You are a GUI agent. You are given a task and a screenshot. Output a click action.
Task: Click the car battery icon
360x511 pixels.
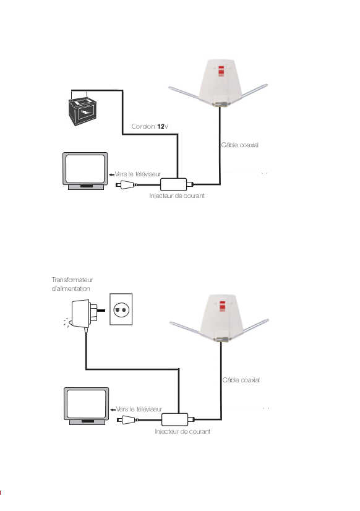pos(83,111)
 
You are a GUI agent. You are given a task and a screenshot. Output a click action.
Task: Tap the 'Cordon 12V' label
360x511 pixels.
pos(150,126)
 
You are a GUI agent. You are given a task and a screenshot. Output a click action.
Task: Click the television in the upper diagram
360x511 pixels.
pos(85,171)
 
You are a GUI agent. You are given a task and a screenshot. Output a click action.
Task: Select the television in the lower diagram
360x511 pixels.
pos(87,406)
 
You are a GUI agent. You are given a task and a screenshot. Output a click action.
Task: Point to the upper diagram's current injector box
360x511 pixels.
pos(174,184)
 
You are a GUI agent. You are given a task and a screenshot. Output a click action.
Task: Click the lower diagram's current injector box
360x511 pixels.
pos(175,419)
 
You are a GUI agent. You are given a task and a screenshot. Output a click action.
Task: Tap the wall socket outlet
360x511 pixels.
pos(121,309)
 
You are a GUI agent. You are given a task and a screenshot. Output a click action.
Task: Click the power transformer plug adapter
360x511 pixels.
pos(84,314)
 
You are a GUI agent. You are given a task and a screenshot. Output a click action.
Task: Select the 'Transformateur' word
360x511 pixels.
pos(72,280)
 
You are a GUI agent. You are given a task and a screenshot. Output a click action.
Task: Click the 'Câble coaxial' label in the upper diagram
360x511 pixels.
pos(240,145)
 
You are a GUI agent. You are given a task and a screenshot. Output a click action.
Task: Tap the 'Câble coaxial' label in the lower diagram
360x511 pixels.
pos(241,380)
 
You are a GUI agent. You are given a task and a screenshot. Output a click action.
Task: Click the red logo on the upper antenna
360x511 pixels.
pos(221,71)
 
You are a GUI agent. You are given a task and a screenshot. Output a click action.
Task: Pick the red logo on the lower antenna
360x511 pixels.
pos(223,306)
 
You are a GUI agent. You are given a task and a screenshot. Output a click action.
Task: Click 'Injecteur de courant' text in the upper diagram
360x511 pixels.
pos(177,196)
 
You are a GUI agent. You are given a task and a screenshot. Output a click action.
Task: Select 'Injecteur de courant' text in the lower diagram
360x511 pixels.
pos(182,431)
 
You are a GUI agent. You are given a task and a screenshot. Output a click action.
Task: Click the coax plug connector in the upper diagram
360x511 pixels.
pos(126,185)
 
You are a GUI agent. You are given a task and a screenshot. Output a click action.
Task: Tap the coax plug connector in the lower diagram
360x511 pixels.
pos(127,420)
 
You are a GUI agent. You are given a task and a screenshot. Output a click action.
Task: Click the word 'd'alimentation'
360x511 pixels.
pos(71,288)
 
